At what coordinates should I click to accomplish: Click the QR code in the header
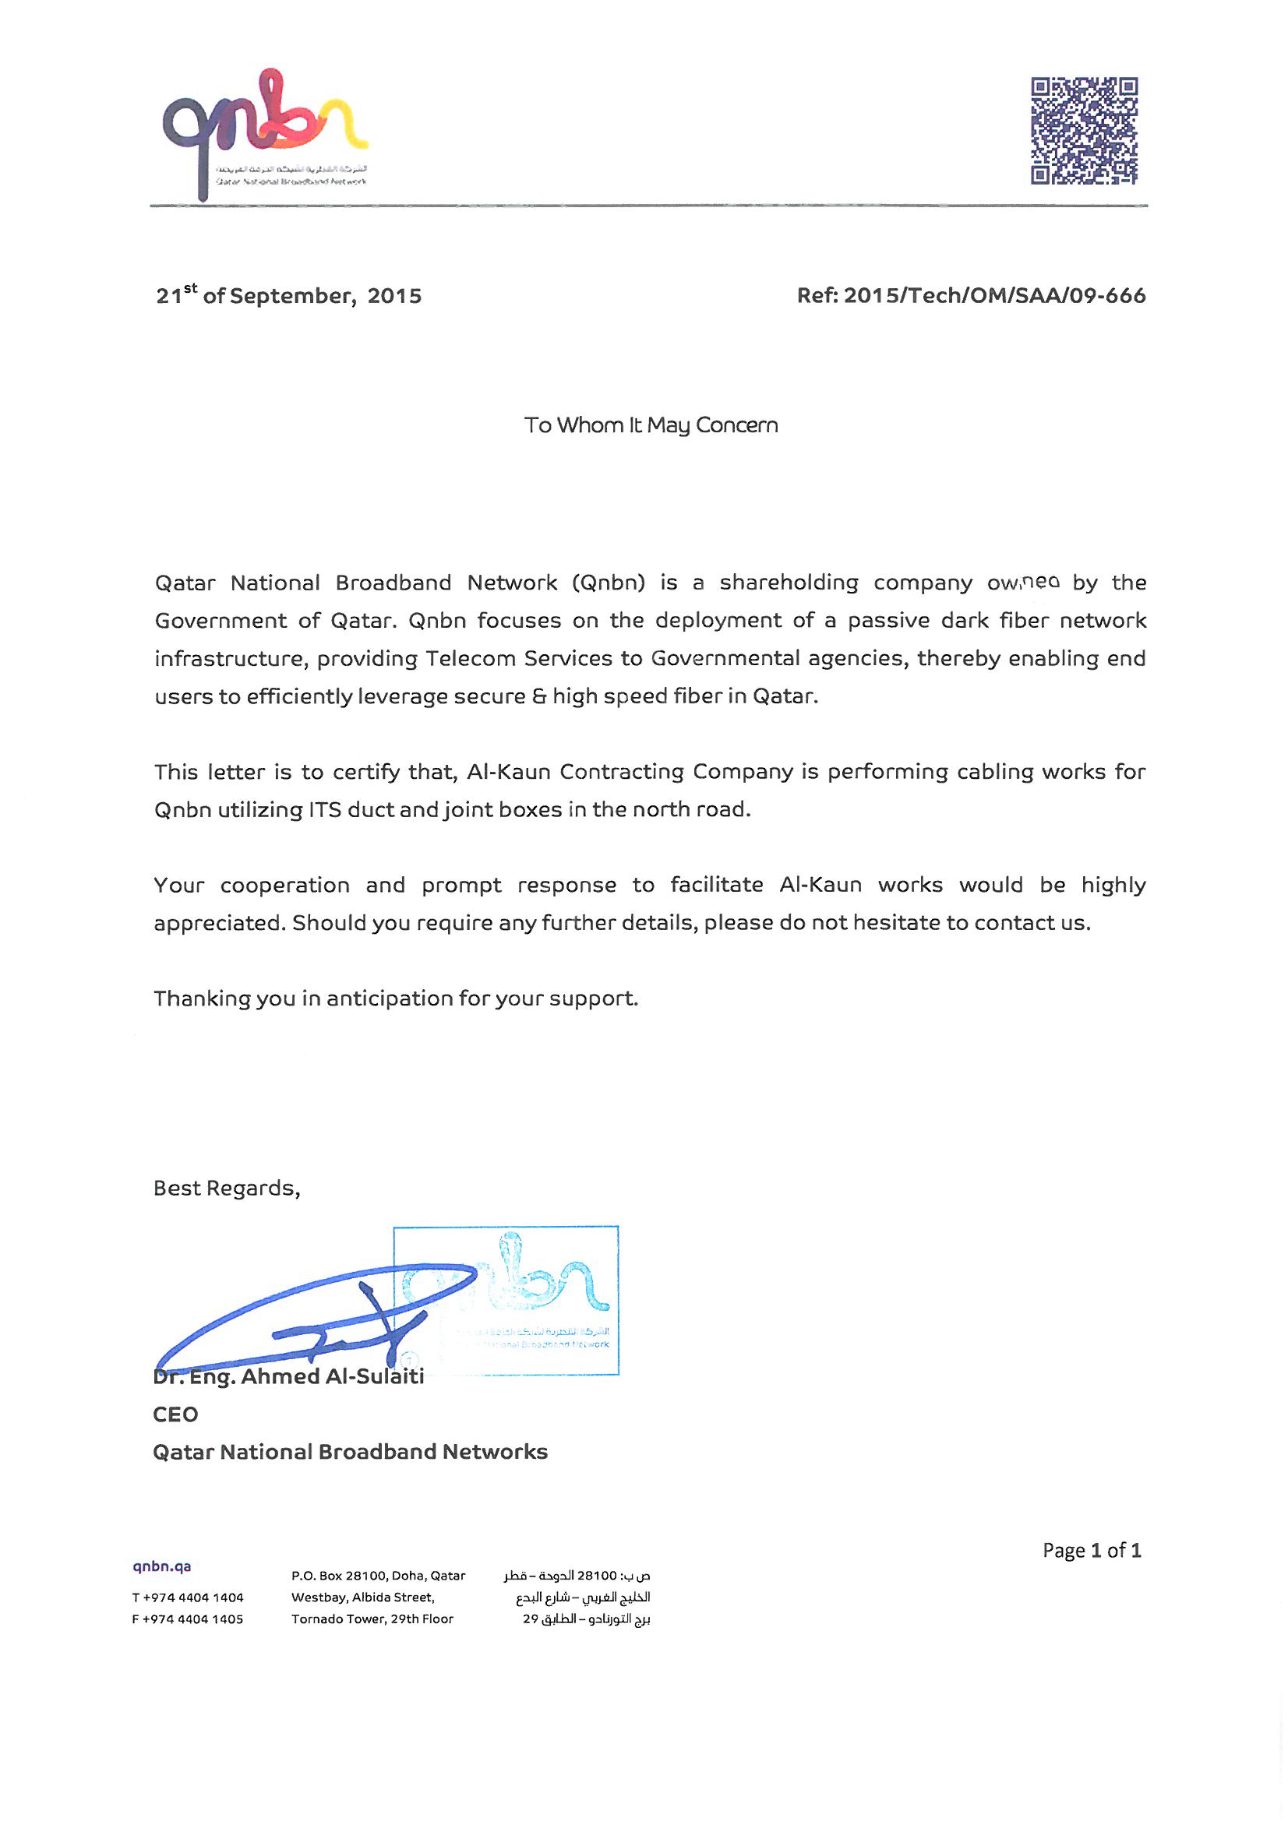coord(1083,131)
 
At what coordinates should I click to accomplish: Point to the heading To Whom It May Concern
coord(651,426)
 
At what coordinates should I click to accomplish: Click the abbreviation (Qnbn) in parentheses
coord(608,583)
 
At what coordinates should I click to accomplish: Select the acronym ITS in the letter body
coord(325,810)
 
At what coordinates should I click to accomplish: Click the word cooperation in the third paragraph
coord(284,885)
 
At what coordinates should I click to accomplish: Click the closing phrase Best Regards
coord(226,1188)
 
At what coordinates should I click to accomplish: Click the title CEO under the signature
coord(175,1414)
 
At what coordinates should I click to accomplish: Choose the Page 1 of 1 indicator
coord(1091,1551)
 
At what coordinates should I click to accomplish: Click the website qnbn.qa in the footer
coord(162,1566)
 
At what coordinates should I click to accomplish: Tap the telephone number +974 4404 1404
coord(192,1597)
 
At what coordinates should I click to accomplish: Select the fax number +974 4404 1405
coord(192,1619)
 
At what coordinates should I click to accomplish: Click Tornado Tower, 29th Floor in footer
coord(372,1619)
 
